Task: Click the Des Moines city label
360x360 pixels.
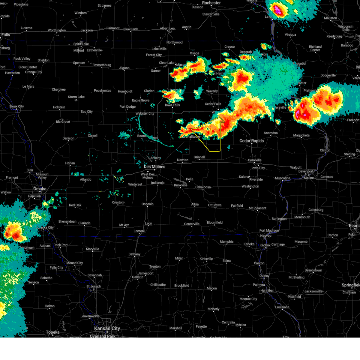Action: point(154,167)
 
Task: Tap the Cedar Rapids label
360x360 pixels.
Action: point(251,141)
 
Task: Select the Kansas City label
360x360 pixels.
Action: point(107,328)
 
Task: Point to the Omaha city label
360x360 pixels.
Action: point(40,189)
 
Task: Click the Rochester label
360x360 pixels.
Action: point(211,3)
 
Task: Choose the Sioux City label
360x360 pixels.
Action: point(16,106)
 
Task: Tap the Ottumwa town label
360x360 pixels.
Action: point(215,205)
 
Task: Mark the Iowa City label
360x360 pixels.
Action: point(258,168)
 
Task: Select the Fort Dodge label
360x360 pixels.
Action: point(127,107)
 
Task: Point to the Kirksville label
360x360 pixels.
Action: point(206,259)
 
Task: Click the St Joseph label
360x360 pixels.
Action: point(94,286)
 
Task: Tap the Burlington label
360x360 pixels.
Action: point(279,219)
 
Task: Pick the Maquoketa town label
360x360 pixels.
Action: point(301,135)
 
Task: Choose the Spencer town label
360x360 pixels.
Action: point(79,63)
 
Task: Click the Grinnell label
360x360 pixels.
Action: point(199,157)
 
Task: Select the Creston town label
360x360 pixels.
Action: point(118,202)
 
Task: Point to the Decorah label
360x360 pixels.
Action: point(246,52)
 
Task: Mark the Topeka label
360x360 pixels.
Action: point(53,332)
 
